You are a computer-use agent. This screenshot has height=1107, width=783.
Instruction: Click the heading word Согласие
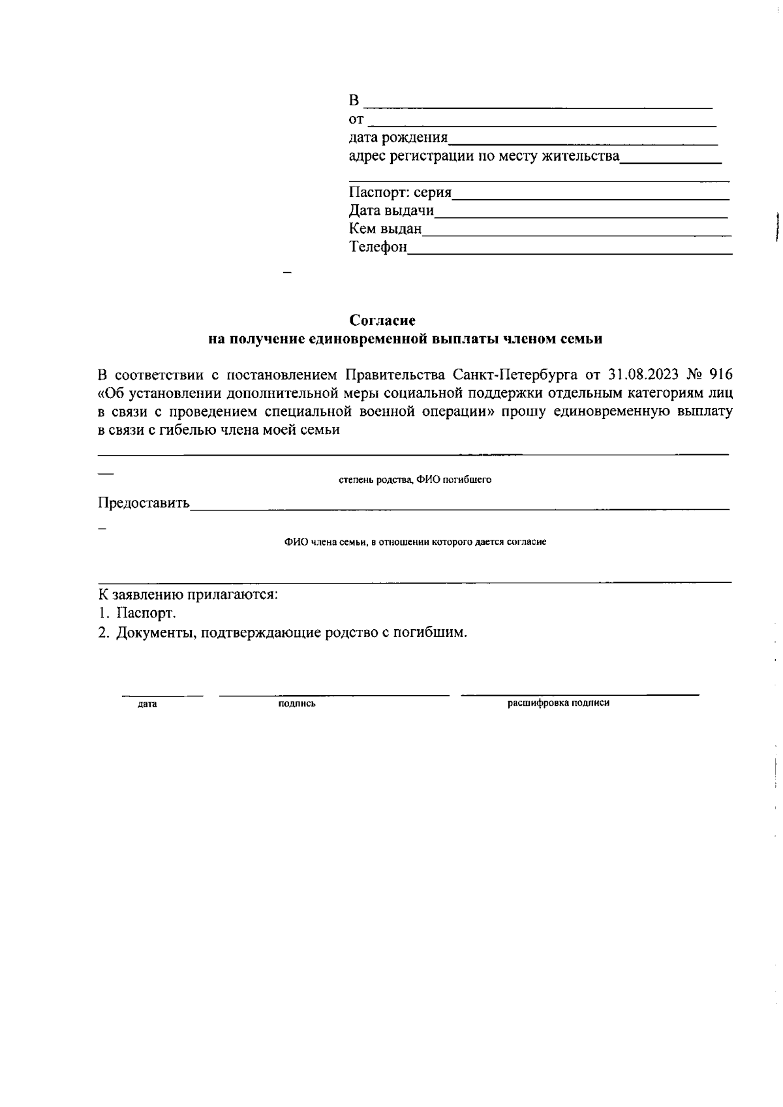(x=382, y=320)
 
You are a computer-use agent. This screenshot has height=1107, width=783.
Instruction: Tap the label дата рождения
(x=398, y=138)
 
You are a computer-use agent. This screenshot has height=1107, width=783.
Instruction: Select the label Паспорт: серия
(x=400, y=193)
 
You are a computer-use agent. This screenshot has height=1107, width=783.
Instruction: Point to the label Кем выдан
(x=385, y=229)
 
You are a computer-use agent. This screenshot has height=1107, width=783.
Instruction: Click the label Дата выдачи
(x=391, y=211)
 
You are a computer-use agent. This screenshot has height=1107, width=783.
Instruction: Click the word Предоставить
(x=144, y=503)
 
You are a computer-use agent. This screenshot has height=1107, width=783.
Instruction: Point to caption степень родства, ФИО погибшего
(x=415, y=480)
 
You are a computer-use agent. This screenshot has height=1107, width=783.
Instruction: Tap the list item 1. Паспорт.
(x=137, y=614)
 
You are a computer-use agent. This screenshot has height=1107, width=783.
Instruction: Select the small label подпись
(x=297, y=704)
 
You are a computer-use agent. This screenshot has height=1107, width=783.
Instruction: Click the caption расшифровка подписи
(x=559, y=703)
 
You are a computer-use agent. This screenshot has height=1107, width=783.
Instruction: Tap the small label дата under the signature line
(x=147, y=704)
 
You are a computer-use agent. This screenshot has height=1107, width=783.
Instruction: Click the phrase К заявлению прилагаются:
(x=188, y=595)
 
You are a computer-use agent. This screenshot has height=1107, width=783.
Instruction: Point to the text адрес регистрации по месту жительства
(x=484, y=156)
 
